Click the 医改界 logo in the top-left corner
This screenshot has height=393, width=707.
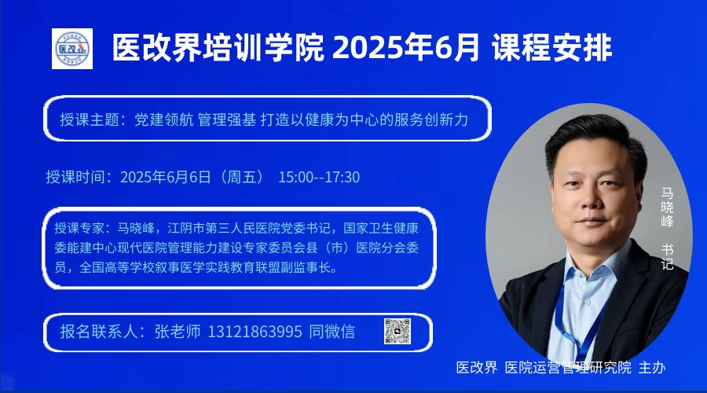[72, 49]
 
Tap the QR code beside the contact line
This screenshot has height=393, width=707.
[397, 332]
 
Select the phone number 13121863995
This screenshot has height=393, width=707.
[255, 332]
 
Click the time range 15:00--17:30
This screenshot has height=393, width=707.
[319, 177]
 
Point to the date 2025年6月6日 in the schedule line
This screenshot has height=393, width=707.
[166, 177]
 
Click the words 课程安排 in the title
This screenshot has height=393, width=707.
[551, 47]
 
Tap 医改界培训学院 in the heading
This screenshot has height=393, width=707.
[218, 47]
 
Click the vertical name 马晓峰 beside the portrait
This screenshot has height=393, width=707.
[667, 208]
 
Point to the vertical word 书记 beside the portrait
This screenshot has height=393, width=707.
[667, 257]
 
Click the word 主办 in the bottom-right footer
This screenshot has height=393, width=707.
[652, 367]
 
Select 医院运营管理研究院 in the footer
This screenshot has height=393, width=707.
[568, 367]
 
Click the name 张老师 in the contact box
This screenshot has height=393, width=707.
[178, 332]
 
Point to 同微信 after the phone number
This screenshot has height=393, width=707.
[332, 332]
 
